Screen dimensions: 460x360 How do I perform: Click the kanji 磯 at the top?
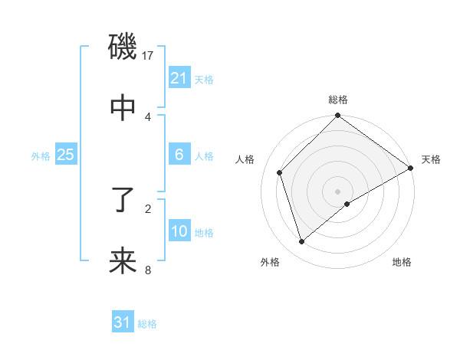coord(123,47)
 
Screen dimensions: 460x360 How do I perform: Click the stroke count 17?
coord(148,55)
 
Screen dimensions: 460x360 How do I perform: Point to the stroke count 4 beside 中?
coord(148,116)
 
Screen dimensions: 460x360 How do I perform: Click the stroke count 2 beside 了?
coord(148,208)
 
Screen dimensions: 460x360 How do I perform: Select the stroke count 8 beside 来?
coord(148,270)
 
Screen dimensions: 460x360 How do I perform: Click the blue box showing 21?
coord(179,78)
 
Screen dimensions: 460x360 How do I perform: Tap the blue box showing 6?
coord(179,155)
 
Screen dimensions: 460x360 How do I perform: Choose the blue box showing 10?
coord(179,231)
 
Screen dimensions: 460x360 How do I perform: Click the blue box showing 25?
coord(66,155)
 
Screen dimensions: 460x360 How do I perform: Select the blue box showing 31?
coord(123,322)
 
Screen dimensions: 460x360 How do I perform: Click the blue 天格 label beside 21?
coord(204,79)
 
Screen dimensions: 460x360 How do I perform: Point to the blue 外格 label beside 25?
coord(41,155)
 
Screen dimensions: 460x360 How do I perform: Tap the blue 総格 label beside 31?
coord(147,323)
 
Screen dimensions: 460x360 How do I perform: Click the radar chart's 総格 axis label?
coord(338,100)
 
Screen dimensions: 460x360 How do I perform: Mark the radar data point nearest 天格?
coord(411,169)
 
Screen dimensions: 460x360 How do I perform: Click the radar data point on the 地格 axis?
coord(347,204)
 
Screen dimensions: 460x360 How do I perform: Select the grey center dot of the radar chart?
coord(338,191)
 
